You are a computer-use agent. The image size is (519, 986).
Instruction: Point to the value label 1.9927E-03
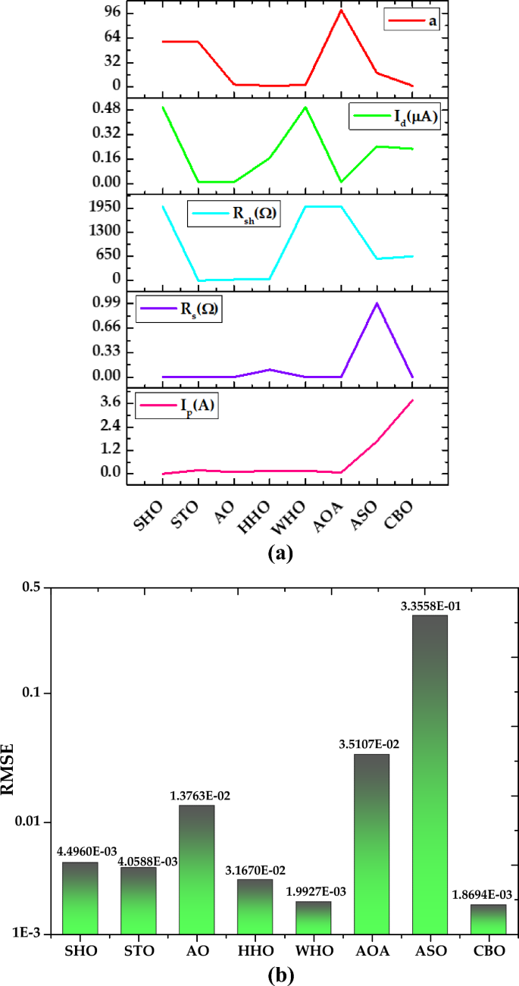(313, 891)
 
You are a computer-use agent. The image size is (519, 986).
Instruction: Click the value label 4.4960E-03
(80, 852)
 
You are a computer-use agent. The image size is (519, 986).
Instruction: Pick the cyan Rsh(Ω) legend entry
(231, 214)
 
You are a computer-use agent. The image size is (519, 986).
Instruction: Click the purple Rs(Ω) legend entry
(180, 309)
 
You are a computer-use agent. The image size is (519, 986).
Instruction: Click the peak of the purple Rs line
(377, 303)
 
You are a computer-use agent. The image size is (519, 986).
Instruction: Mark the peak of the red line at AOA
(341, 10)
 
